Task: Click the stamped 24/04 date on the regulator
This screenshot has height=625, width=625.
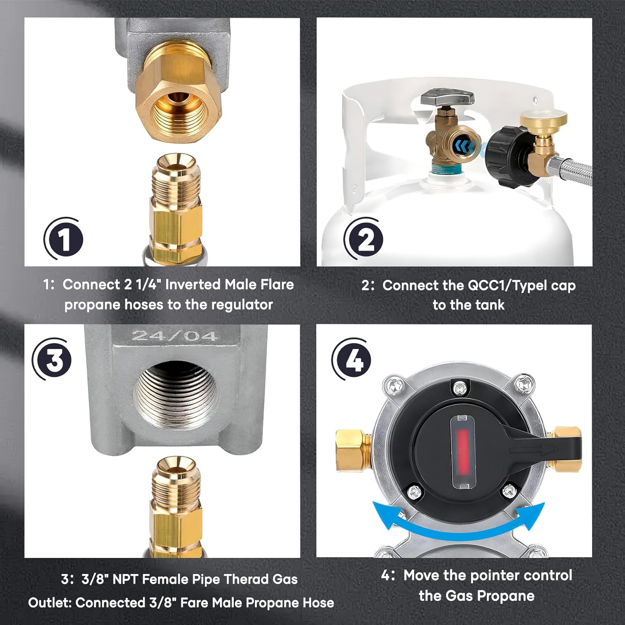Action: pyautogui.click(x=175, y=336)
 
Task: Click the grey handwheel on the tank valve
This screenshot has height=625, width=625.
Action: pyautogui.click(x=448, y=98)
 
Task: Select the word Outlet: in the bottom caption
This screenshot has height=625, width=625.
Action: pyautogui.click(x=50, y=602)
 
